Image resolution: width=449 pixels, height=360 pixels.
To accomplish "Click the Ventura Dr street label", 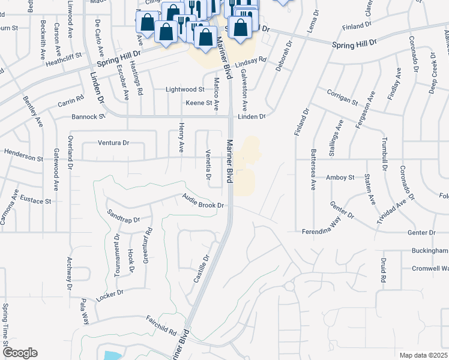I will pyautogui.click(x=113, y=143).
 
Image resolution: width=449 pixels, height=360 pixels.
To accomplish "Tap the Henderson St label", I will pyautogui.click(x=24, y=155).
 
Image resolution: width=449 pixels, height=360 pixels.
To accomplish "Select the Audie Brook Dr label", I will pyautogui.click(x=203, y=202).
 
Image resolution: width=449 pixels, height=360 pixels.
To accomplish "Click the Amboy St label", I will pyautogui.click(x=340, y=178).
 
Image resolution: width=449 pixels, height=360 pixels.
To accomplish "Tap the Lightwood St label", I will pyautogui.click(x=185, y=89).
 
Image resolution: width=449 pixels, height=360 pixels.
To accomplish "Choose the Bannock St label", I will pyautogui.click(x=88, y=116).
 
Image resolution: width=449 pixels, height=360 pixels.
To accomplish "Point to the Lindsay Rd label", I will pyautogui.click(x=250, y=62).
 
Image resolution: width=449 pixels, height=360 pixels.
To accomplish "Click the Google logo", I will pyautogui.click(x=20, y=353).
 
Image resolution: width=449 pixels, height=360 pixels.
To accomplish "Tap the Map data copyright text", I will pyautogui.click(x=423, y=355).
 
